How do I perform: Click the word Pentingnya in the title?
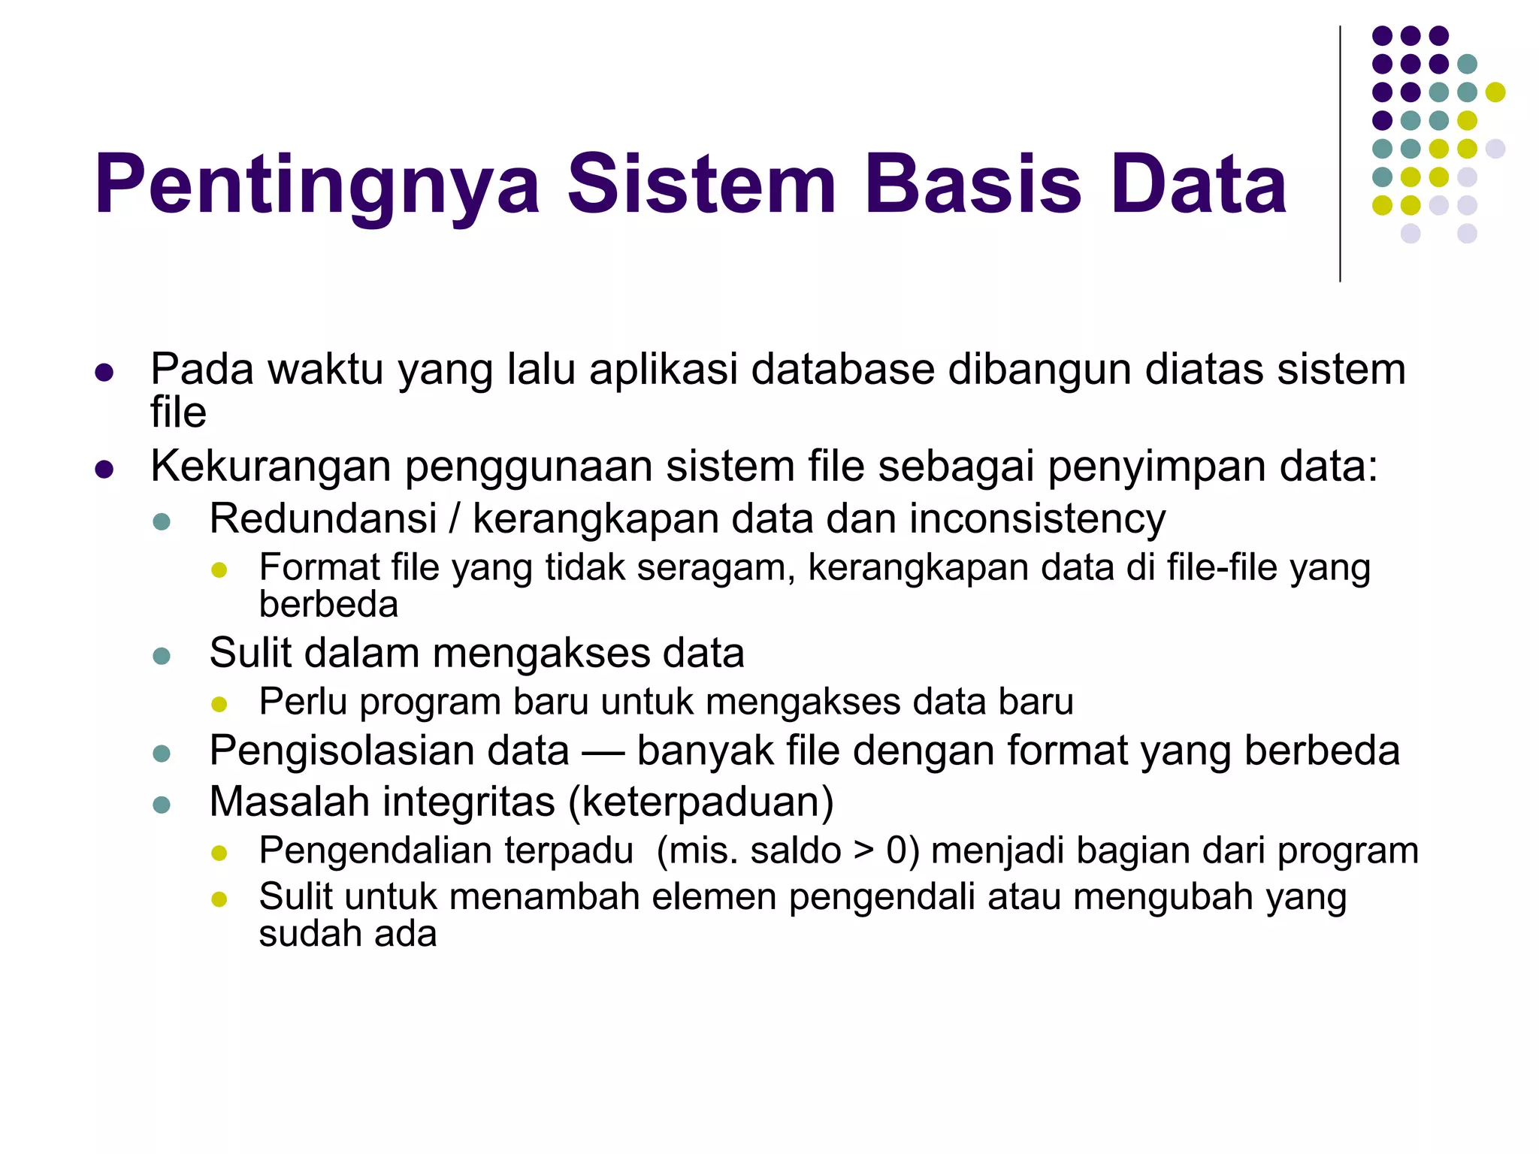pos(316,185)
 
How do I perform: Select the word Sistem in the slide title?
pos(702,185)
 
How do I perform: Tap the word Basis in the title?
pos(973,185)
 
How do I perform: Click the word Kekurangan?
pos(271,466)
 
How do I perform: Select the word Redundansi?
pos(323,518)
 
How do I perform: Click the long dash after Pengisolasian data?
pos(603,752)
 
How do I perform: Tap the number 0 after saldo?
pos(898,850)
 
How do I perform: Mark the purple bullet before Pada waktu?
pos(104,372)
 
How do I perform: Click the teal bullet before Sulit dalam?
pos(162,656)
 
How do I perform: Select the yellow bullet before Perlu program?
pos(219,704)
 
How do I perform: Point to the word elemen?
pos(714,897)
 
